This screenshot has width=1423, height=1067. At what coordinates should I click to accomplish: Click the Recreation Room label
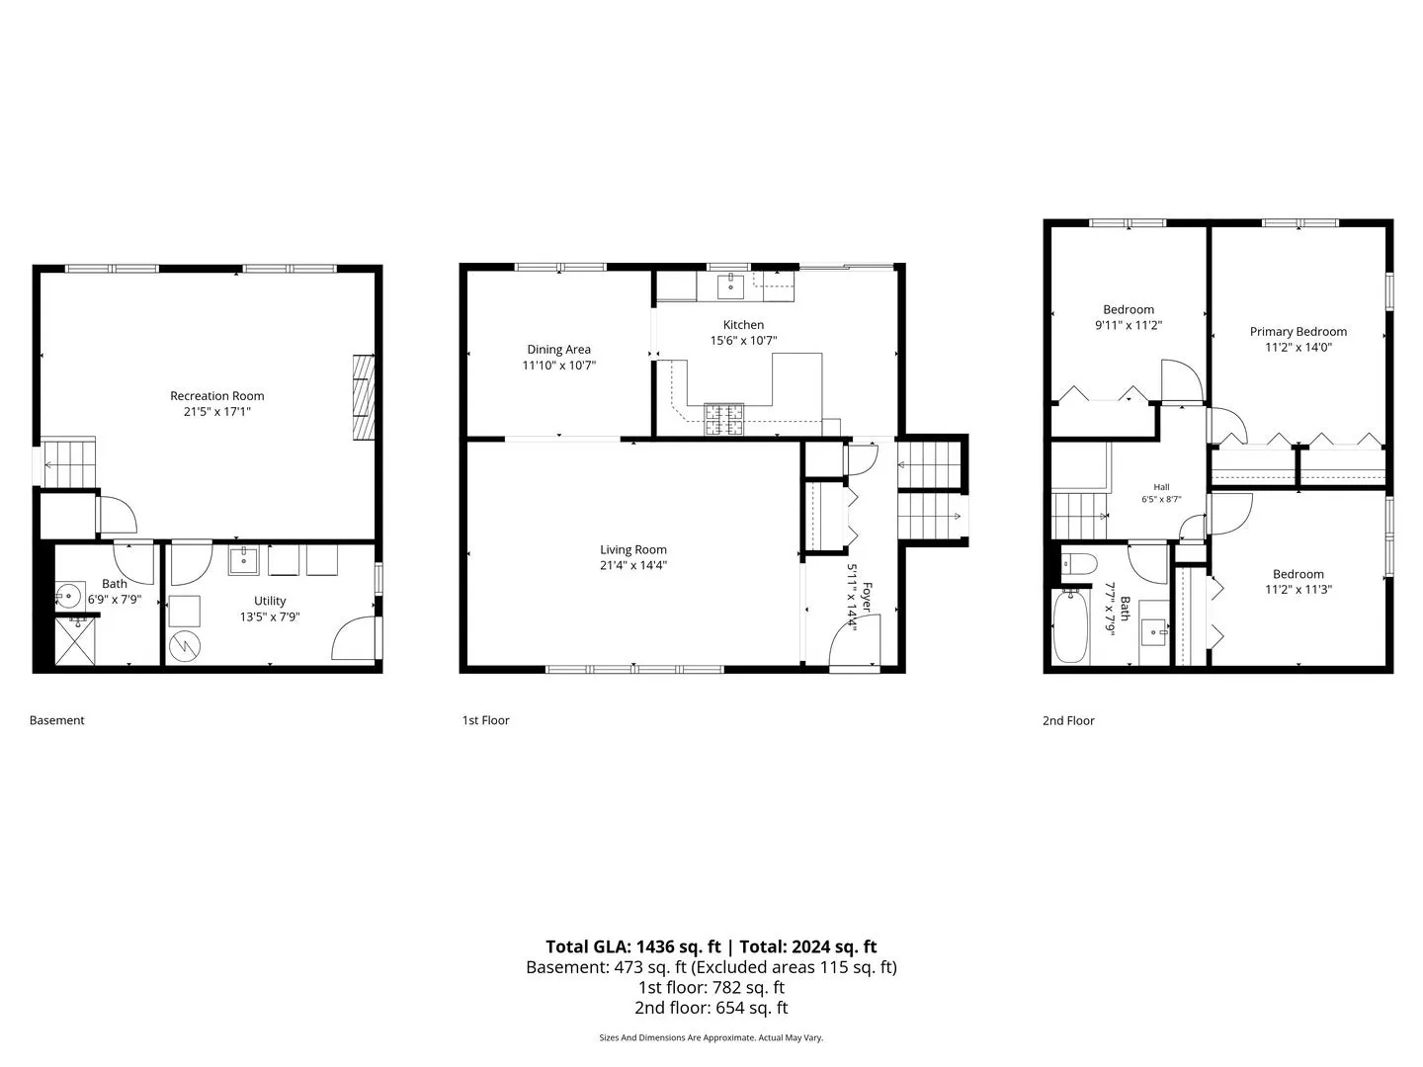point(216,396)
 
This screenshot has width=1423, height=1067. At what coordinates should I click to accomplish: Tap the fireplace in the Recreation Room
point(363,397)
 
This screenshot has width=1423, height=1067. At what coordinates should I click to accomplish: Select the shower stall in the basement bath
point(75,641)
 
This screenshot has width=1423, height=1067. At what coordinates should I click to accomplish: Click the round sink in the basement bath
point(67,594)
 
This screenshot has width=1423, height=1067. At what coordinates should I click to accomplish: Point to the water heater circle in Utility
point(185,645)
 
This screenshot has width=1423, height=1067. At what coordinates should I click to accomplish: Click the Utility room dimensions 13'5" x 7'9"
point(270,616)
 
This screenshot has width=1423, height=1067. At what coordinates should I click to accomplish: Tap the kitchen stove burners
point(723,419)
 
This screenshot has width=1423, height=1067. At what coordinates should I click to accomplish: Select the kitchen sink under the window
point(730,286)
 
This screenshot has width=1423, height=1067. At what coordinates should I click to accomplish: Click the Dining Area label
point(558,350)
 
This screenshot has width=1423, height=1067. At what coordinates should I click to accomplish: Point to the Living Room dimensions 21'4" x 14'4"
point(632,565)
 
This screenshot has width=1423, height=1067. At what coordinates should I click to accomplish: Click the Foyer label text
point(867,598)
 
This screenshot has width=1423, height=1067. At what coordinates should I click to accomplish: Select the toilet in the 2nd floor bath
point(1079,563)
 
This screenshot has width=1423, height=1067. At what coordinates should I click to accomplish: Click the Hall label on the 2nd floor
point(1161,487)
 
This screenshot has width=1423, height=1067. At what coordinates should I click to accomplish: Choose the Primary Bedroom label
point(1297,332)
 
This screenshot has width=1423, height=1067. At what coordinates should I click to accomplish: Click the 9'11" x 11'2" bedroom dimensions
point(1129,325)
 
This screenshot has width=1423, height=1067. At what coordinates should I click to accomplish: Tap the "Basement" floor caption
point(57,720)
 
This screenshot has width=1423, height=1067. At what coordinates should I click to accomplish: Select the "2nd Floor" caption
point(1067,720)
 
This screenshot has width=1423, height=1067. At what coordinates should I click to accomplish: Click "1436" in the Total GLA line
point(655,946)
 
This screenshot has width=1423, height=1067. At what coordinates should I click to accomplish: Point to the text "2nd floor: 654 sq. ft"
point(711,1008)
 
